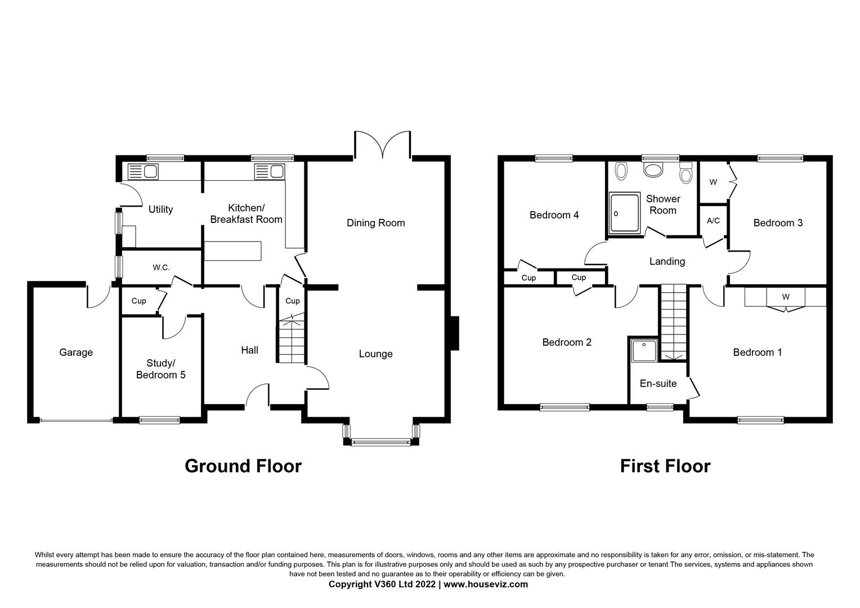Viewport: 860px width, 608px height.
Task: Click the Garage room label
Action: coord(76,352)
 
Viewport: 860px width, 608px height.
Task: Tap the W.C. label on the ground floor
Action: coord(161,267)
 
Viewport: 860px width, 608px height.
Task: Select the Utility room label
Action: coord(160,209)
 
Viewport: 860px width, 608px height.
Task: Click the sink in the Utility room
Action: coord(144,171)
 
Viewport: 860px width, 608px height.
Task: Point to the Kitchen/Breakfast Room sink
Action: coord(270,171)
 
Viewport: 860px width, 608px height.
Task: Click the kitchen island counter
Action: coord(232,251)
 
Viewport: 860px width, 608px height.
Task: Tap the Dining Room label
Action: coord(375,223)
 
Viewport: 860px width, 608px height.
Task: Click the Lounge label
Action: coord(375,354)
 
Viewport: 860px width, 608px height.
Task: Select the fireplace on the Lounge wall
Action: coord(454,333)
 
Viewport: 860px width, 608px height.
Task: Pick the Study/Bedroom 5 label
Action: coord(160,369)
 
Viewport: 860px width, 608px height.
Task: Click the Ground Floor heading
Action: coord(243,466)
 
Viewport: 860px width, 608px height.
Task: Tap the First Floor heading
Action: coord(665,466)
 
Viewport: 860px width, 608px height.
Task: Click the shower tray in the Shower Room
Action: coord(624,213)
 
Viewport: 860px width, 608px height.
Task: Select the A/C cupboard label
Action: coord(713,221)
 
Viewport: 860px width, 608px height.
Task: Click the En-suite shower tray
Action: coord(644,351)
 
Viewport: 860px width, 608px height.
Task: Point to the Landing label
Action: coord(667,261)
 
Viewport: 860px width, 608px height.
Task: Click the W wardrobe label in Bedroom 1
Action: coord(785,297)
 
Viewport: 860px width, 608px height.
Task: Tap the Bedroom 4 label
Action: coord(554,215)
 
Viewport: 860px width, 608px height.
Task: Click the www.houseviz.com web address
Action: coord(486,584)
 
